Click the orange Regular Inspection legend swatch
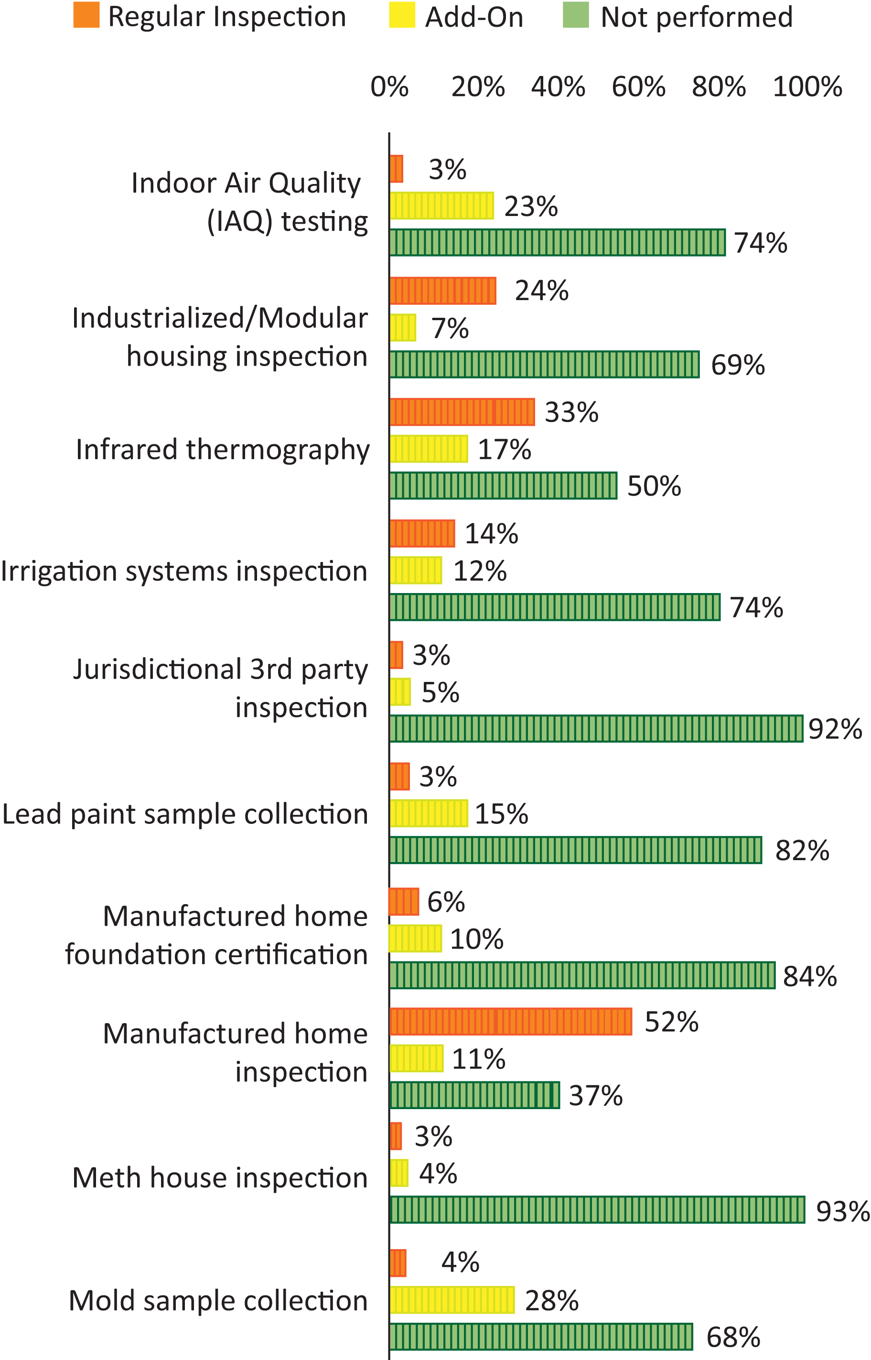86,15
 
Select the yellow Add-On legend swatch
401,15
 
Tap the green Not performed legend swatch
576,15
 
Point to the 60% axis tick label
638,87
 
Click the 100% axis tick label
807,87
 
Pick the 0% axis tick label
389,87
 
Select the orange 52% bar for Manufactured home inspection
511,1021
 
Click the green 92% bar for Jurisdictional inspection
596,729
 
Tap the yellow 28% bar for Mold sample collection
452,1299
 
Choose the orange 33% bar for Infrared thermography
462,412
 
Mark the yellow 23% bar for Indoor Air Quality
441,205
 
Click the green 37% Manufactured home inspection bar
474,1095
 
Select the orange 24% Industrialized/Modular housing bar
443,291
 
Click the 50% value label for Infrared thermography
654,486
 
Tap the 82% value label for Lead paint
802,850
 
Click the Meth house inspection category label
220,1178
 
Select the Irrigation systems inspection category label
184,571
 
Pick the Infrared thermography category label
223,450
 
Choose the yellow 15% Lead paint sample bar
429,813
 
